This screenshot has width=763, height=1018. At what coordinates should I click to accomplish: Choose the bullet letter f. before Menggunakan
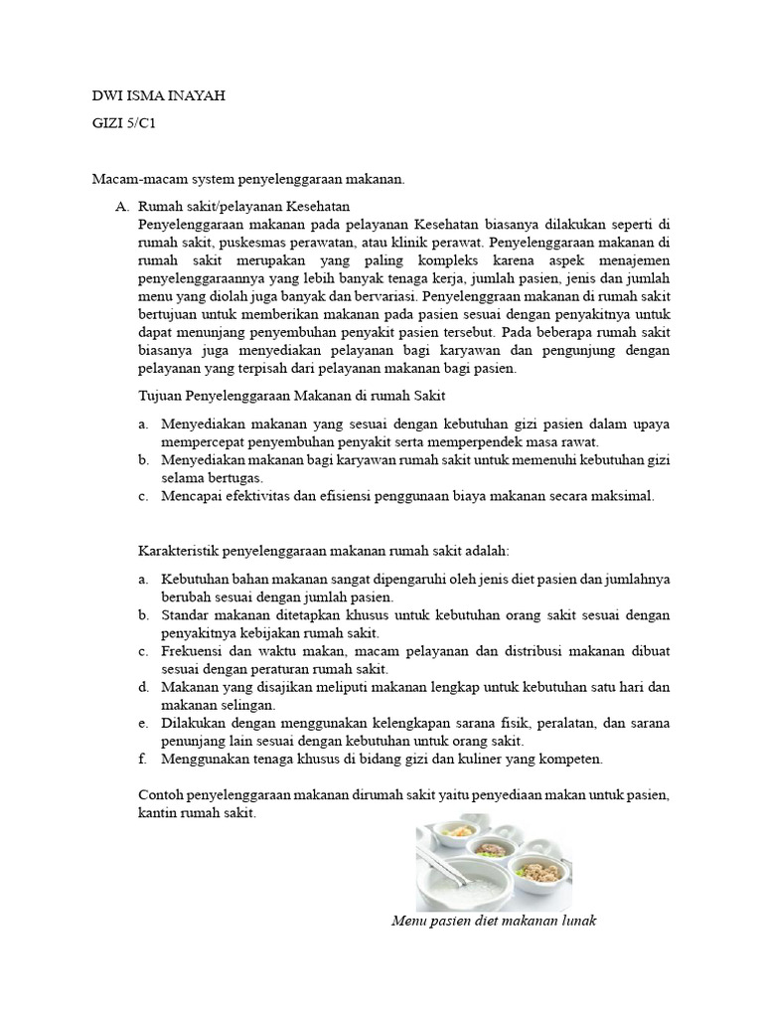[x=143, y=759]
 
